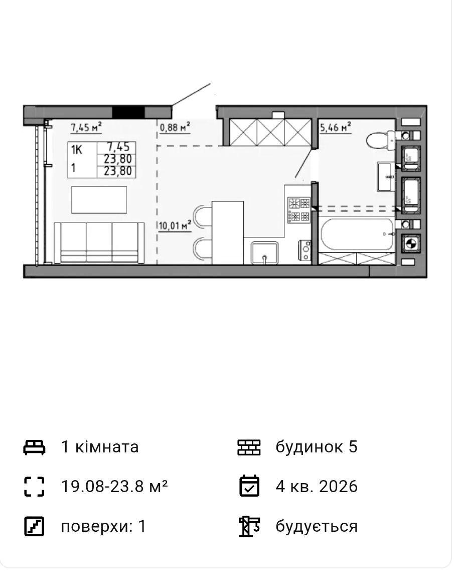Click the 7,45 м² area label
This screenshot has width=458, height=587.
tap(86, 128)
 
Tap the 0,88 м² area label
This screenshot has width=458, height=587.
tap(175, 128)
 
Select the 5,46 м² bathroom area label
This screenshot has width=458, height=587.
tap(336, 127)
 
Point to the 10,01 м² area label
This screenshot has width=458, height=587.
tap(175, 226)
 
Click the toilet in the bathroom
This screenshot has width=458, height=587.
tap(380, 141)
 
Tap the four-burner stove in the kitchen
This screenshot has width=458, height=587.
tap(299, 210)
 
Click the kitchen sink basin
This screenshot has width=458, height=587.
tap(265, 253)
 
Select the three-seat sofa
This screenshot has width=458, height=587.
tap(99, 243)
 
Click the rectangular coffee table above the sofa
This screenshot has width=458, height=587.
tap(99, 200)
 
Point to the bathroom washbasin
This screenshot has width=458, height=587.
tap(386, 176)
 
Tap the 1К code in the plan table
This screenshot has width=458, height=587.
tap(77, 150)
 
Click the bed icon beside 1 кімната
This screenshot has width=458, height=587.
tap(35, 447)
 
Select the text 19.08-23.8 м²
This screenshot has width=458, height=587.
tap(114, 486)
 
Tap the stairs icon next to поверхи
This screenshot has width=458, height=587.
tap(35, 526)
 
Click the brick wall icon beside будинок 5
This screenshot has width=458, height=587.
tap(249, 447)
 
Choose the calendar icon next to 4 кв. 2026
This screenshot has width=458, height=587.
tap(249, 486)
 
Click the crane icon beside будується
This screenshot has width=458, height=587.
tap(249, 526)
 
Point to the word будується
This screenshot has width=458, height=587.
tap(317, 526)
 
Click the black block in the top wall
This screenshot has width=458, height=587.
tap(128, 111)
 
